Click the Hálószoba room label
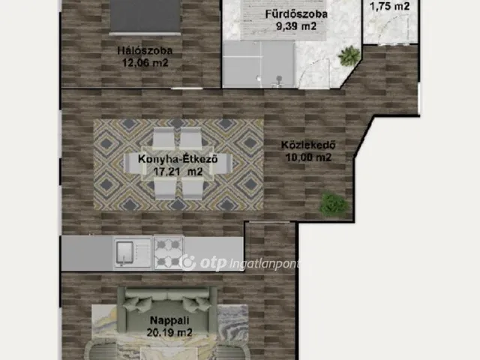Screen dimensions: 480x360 145,50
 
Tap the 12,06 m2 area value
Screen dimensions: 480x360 145,63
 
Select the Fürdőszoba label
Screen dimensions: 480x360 296,14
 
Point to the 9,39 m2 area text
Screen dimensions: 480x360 296,26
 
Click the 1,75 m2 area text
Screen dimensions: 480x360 390,6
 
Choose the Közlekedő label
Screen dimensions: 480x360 308,145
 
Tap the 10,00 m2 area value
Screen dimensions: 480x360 308,157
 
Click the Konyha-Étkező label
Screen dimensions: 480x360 178,159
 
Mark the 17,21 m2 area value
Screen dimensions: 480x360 178,172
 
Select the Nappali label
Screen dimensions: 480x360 169,320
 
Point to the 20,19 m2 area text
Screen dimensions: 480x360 169,332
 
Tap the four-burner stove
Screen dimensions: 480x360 168,253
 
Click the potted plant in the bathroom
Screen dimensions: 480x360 349,55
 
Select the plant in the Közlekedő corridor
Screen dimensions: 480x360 334,203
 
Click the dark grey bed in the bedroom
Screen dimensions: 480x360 145,16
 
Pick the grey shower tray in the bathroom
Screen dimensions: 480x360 259,65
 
